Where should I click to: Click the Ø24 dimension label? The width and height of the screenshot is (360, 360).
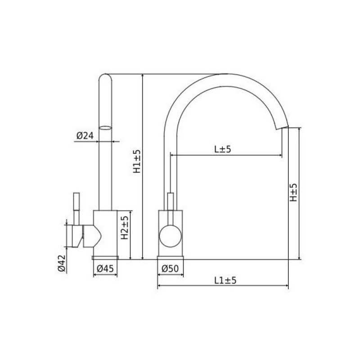(x=85, y=136)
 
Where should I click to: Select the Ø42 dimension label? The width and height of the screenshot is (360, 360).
(x=62, y=263)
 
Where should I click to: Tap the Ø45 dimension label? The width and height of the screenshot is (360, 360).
(x=105, y=268)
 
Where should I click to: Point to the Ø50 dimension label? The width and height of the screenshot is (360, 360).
(x=170, y=268)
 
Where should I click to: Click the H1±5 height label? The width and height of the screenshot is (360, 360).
(x=137, y=161)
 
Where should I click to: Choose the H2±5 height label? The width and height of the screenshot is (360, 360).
(x=125, y=228)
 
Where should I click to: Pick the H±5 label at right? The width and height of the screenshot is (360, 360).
(x=293, y=193)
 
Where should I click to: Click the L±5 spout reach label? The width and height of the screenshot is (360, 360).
(x=223, y=149)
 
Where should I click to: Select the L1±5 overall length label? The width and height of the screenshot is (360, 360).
(x=225, y=280)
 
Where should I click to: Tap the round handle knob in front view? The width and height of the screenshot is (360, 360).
(x=171, y=236)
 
